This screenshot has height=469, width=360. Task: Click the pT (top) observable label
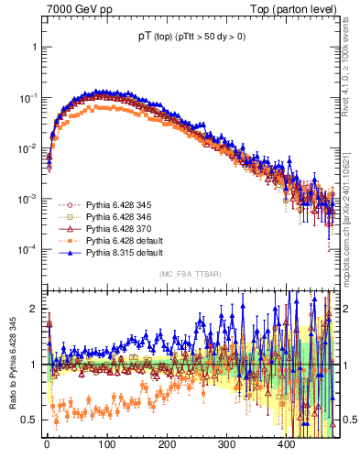tap(191, 38)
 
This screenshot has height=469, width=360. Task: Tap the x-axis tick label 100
tap(106, 445)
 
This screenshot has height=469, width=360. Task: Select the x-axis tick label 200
tap(167, 445)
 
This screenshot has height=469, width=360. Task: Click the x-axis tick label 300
tap(226, 445)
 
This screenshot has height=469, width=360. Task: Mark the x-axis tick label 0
tap(47, 445)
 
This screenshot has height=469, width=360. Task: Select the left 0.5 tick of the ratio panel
tap(30, 420)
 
